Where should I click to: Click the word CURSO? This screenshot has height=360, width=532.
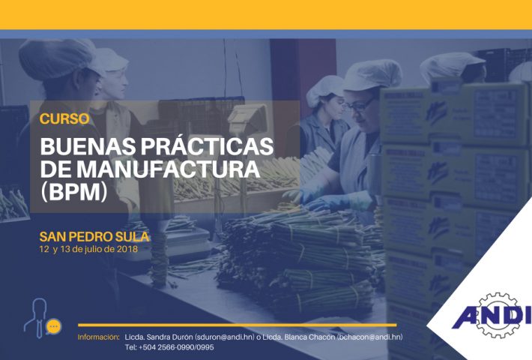[x=64, y=118]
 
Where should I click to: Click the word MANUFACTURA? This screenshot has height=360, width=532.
[x=168, y=169]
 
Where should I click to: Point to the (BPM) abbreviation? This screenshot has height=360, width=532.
[x=73, y=192]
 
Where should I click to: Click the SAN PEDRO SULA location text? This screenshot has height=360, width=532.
[x=94, y=237]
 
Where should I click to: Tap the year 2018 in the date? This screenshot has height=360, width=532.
[x=127, y=249]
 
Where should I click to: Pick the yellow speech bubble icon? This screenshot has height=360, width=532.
[x=54, y=327]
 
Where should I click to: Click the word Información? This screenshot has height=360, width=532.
[x=99, y=337]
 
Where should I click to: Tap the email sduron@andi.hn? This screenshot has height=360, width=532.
[x=225, y=337]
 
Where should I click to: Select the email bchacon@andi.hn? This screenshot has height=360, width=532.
[x=370, y=337]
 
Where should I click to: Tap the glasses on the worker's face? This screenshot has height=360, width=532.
[x=360, y=105]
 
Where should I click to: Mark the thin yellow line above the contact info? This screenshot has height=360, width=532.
[x=238, y=325]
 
